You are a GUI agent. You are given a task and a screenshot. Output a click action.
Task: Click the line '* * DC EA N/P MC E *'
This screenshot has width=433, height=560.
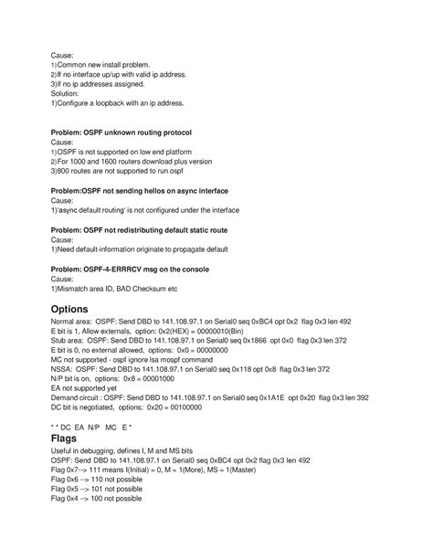pyautogui.click(x=92, y=427)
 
